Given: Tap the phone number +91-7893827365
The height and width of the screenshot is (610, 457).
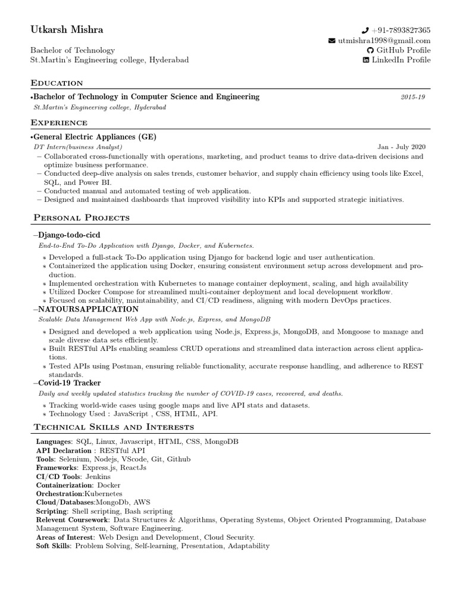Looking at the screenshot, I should pyautogui.click(x=401, y=30).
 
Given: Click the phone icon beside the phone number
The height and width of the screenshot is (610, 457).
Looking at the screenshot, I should pyautogui.click(x=365, y=30).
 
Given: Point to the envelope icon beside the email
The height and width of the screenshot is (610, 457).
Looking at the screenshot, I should pyautogui.click(x=332, y=41).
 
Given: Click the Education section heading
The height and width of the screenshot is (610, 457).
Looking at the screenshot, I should pyautogui.click(x=57, y=83).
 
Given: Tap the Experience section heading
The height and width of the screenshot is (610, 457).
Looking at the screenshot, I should pyautogui.click(x=59, y=123).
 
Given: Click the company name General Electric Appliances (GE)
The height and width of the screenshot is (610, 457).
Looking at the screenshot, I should pyautogui.click(x=95, y=136).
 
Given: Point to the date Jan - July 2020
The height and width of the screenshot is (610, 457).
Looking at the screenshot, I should pyautogui.click(x=401, y=147).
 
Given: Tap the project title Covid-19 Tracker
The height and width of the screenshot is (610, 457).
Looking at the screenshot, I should pyautogui.click(x=69, y=383).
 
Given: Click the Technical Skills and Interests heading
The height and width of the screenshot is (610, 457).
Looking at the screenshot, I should pyautogui.click(x=114, y=427).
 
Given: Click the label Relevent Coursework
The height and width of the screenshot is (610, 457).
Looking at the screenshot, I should pyautogui.click(x=72, y=519).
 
